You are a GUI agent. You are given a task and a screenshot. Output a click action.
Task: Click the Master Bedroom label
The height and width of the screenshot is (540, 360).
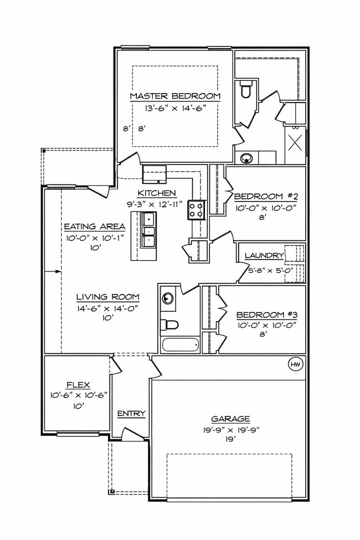click(175, 96)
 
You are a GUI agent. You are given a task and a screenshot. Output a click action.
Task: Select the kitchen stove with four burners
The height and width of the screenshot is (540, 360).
click(196, 209)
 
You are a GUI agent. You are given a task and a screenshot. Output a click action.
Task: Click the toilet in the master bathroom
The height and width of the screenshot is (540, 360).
click(245, 89)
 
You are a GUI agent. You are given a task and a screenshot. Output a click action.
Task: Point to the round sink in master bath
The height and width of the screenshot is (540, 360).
click(246, 158)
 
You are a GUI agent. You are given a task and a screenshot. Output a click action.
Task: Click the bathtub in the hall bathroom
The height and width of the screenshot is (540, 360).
click(181, 344)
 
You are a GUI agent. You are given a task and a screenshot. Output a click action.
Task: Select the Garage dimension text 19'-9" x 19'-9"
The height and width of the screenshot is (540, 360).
click(230, 429)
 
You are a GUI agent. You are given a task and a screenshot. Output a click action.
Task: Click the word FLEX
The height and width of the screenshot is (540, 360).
click(78, 384)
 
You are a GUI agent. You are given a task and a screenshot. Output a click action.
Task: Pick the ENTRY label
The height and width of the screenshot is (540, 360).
click(131, 413)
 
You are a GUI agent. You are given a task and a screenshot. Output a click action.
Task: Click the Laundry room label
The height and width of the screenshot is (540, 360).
click(264, 255)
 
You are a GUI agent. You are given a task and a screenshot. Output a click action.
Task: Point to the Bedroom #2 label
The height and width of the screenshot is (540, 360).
click(266, 197)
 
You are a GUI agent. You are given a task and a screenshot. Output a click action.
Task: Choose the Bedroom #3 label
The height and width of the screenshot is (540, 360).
click(266, 315)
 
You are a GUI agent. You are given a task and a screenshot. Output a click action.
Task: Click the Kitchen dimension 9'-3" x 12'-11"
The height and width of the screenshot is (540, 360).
click(157, 204)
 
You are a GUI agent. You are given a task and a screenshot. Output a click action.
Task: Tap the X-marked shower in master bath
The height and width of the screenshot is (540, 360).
click(295, 146)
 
